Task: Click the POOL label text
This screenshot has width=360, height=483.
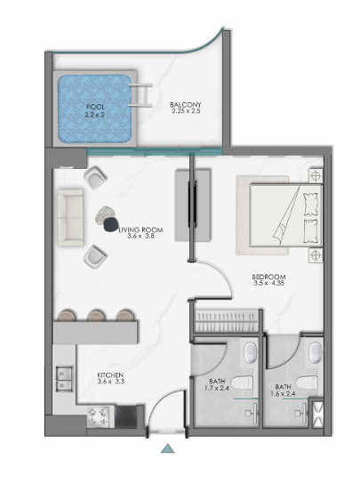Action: tap(96, 107)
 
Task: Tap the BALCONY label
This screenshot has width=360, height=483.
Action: tap(186, 105)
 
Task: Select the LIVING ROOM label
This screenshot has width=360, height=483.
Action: tap(141, 229)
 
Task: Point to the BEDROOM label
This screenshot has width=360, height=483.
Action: tap(269, 277)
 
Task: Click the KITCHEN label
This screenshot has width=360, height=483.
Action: tap(110, 375)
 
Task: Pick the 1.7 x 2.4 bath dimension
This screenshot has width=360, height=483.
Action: tap(217, 388)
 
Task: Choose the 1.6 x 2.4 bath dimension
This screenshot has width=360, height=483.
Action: tap(283, 394)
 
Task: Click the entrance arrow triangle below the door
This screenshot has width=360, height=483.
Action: tap(168, 448)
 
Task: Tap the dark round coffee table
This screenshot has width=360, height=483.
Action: tap(111, 224)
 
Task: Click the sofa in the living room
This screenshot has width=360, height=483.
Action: tap(70, 217)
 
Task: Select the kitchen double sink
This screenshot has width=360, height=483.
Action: tap(64, 379)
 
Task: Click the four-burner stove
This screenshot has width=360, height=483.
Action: tap(99, 417)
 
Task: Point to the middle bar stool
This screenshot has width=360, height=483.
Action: tap(97, 316)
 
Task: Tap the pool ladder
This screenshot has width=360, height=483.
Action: tap(141, 95)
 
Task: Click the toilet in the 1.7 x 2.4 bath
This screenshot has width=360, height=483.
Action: tap(242, 382)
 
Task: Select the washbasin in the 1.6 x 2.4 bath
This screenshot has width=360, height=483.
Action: tap(316, 352)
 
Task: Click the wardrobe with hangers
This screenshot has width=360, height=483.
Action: tap(227, 321)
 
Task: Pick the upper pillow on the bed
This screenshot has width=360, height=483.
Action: tap(310, 204)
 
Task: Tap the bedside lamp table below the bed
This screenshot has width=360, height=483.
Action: tap(316, 255)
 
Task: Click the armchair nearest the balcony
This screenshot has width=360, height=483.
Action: tap(95, 177)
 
